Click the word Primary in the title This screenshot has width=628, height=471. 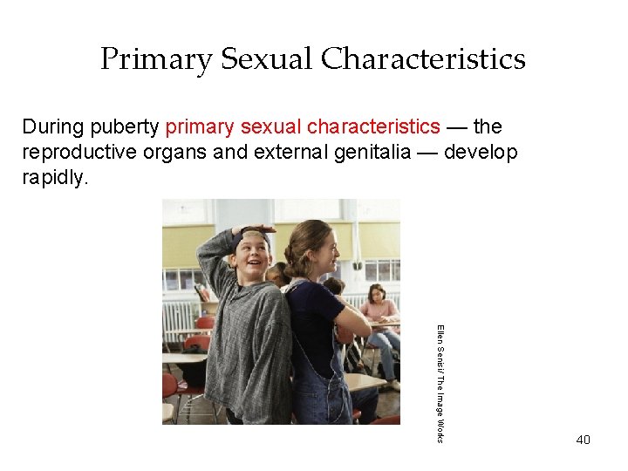tap(156, 59)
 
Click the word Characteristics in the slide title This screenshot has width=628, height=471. tap(423, 59)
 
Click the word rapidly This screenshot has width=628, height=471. tap(56, 179)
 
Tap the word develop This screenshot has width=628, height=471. tap(480, 153)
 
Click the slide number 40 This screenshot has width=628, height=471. tap(583, 440)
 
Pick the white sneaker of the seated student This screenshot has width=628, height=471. tap(395, 384)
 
